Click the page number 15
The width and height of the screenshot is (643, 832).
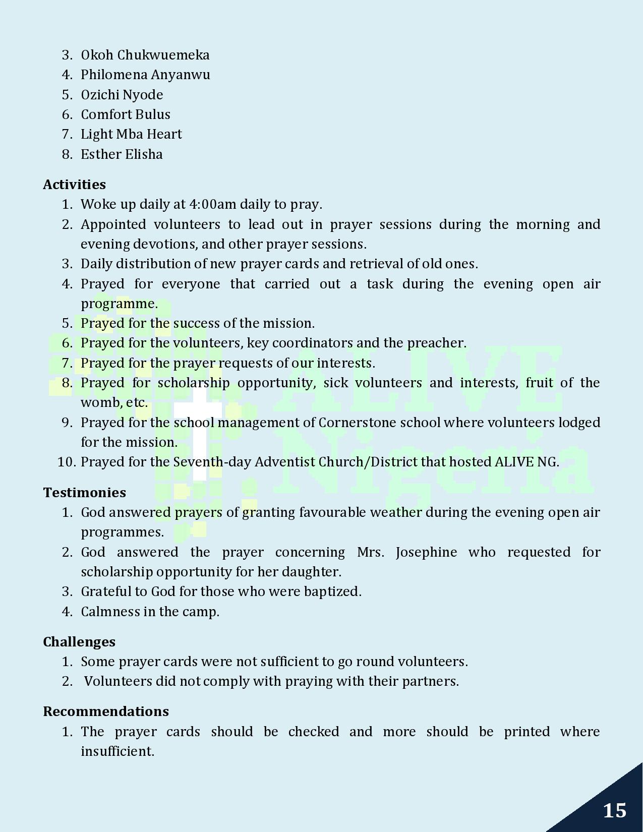614,810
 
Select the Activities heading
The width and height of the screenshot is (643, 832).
74,185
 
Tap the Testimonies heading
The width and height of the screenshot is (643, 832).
84,493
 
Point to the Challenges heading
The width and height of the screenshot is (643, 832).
79,642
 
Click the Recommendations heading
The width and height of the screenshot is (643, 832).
106,711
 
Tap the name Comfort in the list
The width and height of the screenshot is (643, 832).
101,114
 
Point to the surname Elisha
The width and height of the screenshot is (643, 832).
144,154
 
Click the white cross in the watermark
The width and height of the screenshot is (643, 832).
199,434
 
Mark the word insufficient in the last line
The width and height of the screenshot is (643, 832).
117,751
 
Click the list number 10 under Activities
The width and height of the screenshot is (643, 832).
66,462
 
